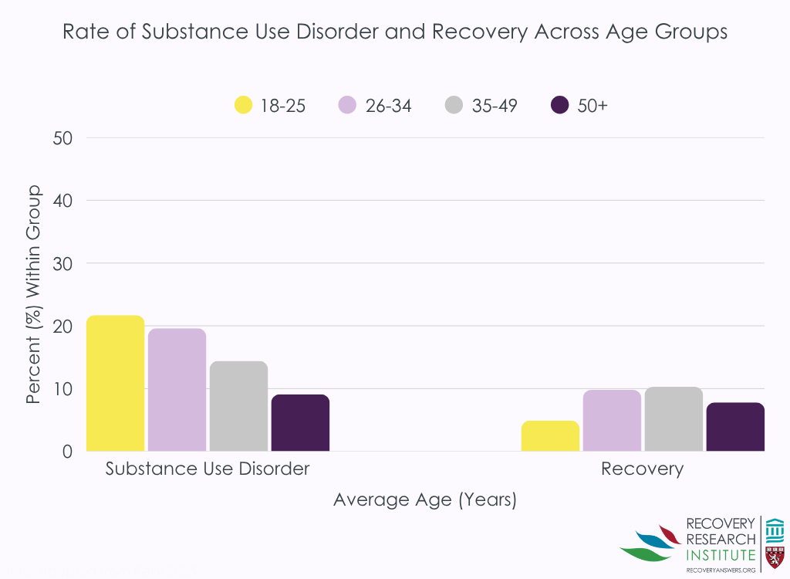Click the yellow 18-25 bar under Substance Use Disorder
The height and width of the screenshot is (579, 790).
coord(115,384)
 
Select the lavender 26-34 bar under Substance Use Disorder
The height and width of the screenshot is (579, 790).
coord(177,390)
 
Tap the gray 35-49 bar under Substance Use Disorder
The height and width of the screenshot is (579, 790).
coord(238,406)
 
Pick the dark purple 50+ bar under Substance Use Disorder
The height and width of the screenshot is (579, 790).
coord(300,423)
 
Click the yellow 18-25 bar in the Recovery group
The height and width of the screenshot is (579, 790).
coord(550,436)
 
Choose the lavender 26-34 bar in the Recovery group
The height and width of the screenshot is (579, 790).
coord(612,421)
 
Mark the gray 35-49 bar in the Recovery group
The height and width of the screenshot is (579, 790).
coord(674,419)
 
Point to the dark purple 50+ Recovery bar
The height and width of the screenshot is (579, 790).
coord(735,427)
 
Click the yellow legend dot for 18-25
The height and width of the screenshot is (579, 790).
coord(243,105)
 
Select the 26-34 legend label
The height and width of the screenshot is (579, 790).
coord(388,106)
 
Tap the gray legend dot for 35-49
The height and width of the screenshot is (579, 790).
coord(455,105)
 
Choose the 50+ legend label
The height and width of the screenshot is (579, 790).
coord(592,106)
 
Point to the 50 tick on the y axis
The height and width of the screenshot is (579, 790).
coord(62,138)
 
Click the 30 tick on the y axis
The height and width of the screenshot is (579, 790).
coord(62,263)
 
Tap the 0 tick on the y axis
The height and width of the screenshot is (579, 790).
coord(68,452)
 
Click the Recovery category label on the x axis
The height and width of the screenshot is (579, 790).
coord(642,469)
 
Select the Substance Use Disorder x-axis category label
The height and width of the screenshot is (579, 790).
coord(208,469)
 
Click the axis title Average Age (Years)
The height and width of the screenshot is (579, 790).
coord(424,500)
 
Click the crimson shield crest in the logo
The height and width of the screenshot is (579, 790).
coord(775,556)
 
